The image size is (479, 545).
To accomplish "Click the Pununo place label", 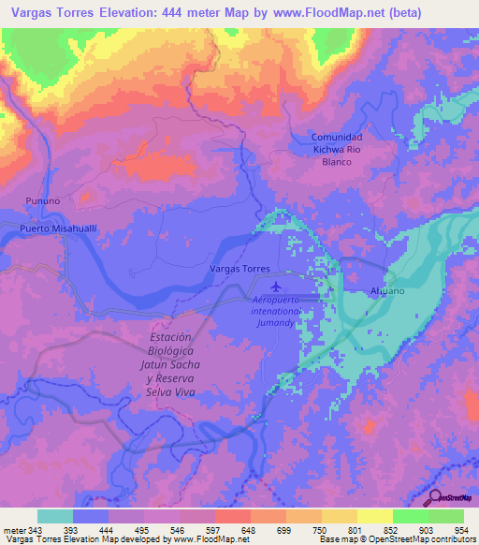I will point(43,200).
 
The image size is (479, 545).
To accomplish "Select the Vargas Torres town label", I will point(239,269).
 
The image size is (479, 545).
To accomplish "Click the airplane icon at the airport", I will point(275,286).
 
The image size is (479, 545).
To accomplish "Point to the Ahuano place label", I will point(387,290).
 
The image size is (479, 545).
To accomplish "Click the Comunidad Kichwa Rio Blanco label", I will point(337,149).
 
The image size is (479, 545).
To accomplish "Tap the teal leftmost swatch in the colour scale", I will point(55,516).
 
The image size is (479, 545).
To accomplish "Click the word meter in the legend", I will point(14,530).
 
